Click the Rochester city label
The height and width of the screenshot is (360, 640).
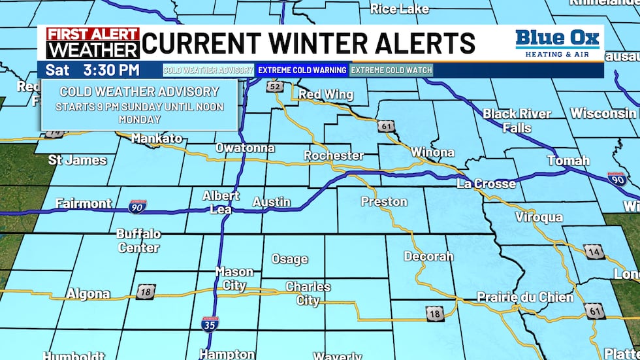point(334,155)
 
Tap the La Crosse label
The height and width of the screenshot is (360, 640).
point(487,184)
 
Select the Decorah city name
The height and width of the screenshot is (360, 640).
point(428,256)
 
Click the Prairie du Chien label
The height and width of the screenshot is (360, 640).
point(525,297)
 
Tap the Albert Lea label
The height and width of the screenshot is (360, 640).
point(221,202)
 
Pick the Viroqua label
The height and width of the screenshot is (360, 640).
point(539,217)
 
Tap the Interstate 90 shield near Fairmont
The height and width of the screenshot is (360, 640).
point(138,206)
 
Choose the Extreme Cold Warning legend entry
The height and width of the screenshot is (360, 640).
point(302,70)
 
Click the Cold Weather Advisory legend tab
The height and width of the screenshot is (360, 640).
point(208,70)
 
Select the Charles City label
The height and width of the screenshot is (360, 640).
point(308,294)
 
